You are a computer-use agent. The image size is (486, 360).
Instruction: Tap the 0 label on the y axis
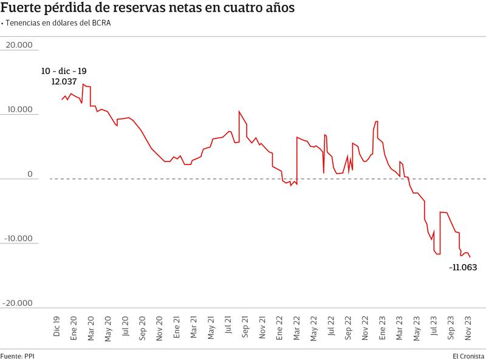click(29, 174)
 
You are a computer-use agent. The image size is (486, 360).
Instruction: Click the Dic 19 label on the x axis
click(56, 326)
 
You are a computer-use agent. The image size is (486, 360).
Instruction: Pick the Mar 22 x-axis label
click(297, 326)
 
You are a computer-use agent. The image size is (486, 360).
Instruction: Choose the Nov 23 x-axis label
click(468, 326)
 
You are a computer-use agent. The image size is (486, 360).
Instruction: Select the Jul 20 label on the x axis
click(125, 326)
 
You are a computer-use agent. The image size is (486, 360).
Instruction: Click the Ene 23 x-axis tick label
click(383, 326)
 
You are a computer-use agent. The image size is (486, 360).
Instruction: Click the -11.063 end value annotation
click(463, 267)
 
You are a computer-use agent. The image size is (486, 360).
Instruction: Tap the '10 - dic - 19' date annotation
click(64, 71)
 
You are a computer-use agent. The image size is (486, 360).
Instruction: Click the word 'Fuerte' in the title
click(22, 8)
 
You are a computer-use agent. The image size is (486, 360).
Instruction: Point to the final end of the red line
click(470, 257)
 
